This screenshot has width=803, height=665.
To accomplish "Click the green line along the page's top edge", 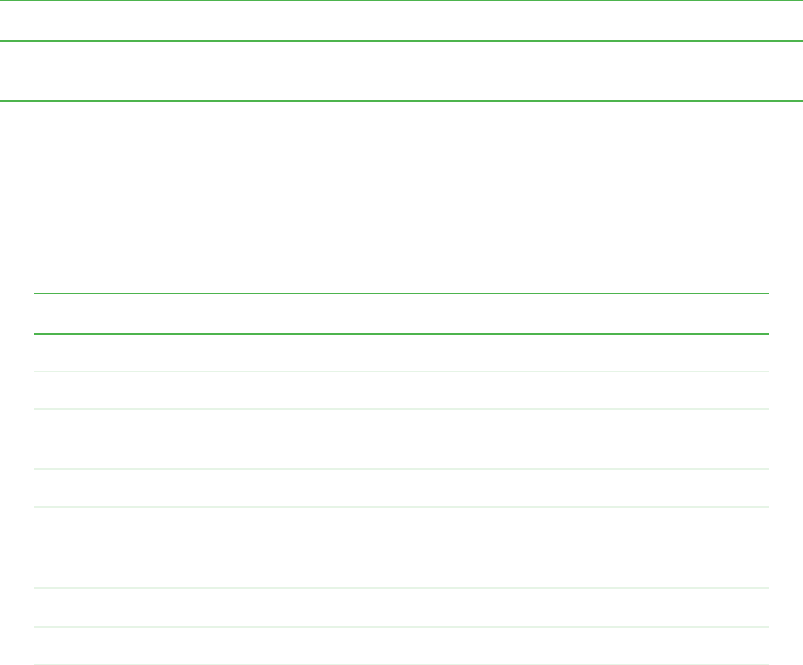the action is (401, 1).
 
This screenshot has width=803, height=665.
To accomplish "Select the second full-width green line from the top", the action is (401, 41).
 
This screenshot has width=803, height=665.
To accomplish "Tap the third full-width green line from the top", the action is (401, 100).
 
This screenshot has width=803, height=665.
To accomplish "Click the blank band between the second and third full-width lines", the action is (401, 71).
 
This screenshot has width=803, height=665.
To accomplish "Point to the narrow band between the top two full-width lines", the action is (401, 21).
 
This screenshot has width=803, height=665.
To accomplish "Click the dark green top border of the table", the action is (401, 293).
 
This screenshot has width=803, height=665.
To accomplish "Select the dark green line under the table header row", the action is (401, 333).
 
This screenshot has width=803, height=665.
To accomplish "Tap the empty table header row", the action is (401, 313).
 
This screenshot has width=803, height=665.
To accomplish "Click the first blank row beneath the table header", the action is (401, 352).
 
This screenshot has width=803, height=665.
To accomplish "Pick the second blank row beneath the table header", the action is (401, 390).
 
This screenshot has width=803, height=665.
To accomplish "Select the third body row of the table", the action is (401, 439).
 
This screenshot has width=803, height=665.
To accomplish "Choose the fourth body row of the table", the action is (401, 489).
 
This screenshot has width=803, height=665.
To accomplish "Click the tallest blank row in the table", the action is (401, 547).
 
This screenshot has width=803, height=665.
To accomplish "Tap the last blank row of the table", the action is (401, 645).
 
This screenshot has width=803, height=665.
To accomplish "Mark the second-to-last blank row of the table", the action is (401, 607).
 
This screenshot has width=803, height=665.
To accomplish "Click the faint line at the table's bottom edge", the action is (401, 664).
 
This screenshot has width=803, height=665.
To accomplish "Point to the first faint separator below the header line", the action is (401, 371).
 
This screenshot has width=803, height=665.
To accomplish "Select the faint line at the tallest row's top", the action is (401, 507).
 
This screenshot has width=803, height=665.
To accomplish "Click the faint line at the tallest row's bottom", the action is (401, 588).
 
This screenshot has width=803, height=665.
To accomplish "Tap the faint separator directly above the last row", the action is (401, 626).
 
